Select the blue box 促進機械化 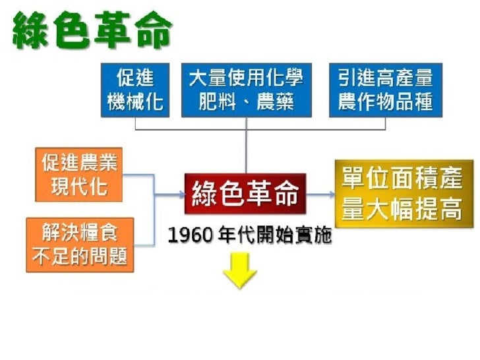[135, 90]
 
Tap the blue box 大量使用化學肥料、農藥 [246, 90]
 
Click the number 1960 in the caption [188, 235]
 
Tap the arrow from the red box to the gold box [320, 195]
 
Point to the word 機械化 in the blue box [135, 102]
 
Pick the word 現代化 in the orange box [79, 187]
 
